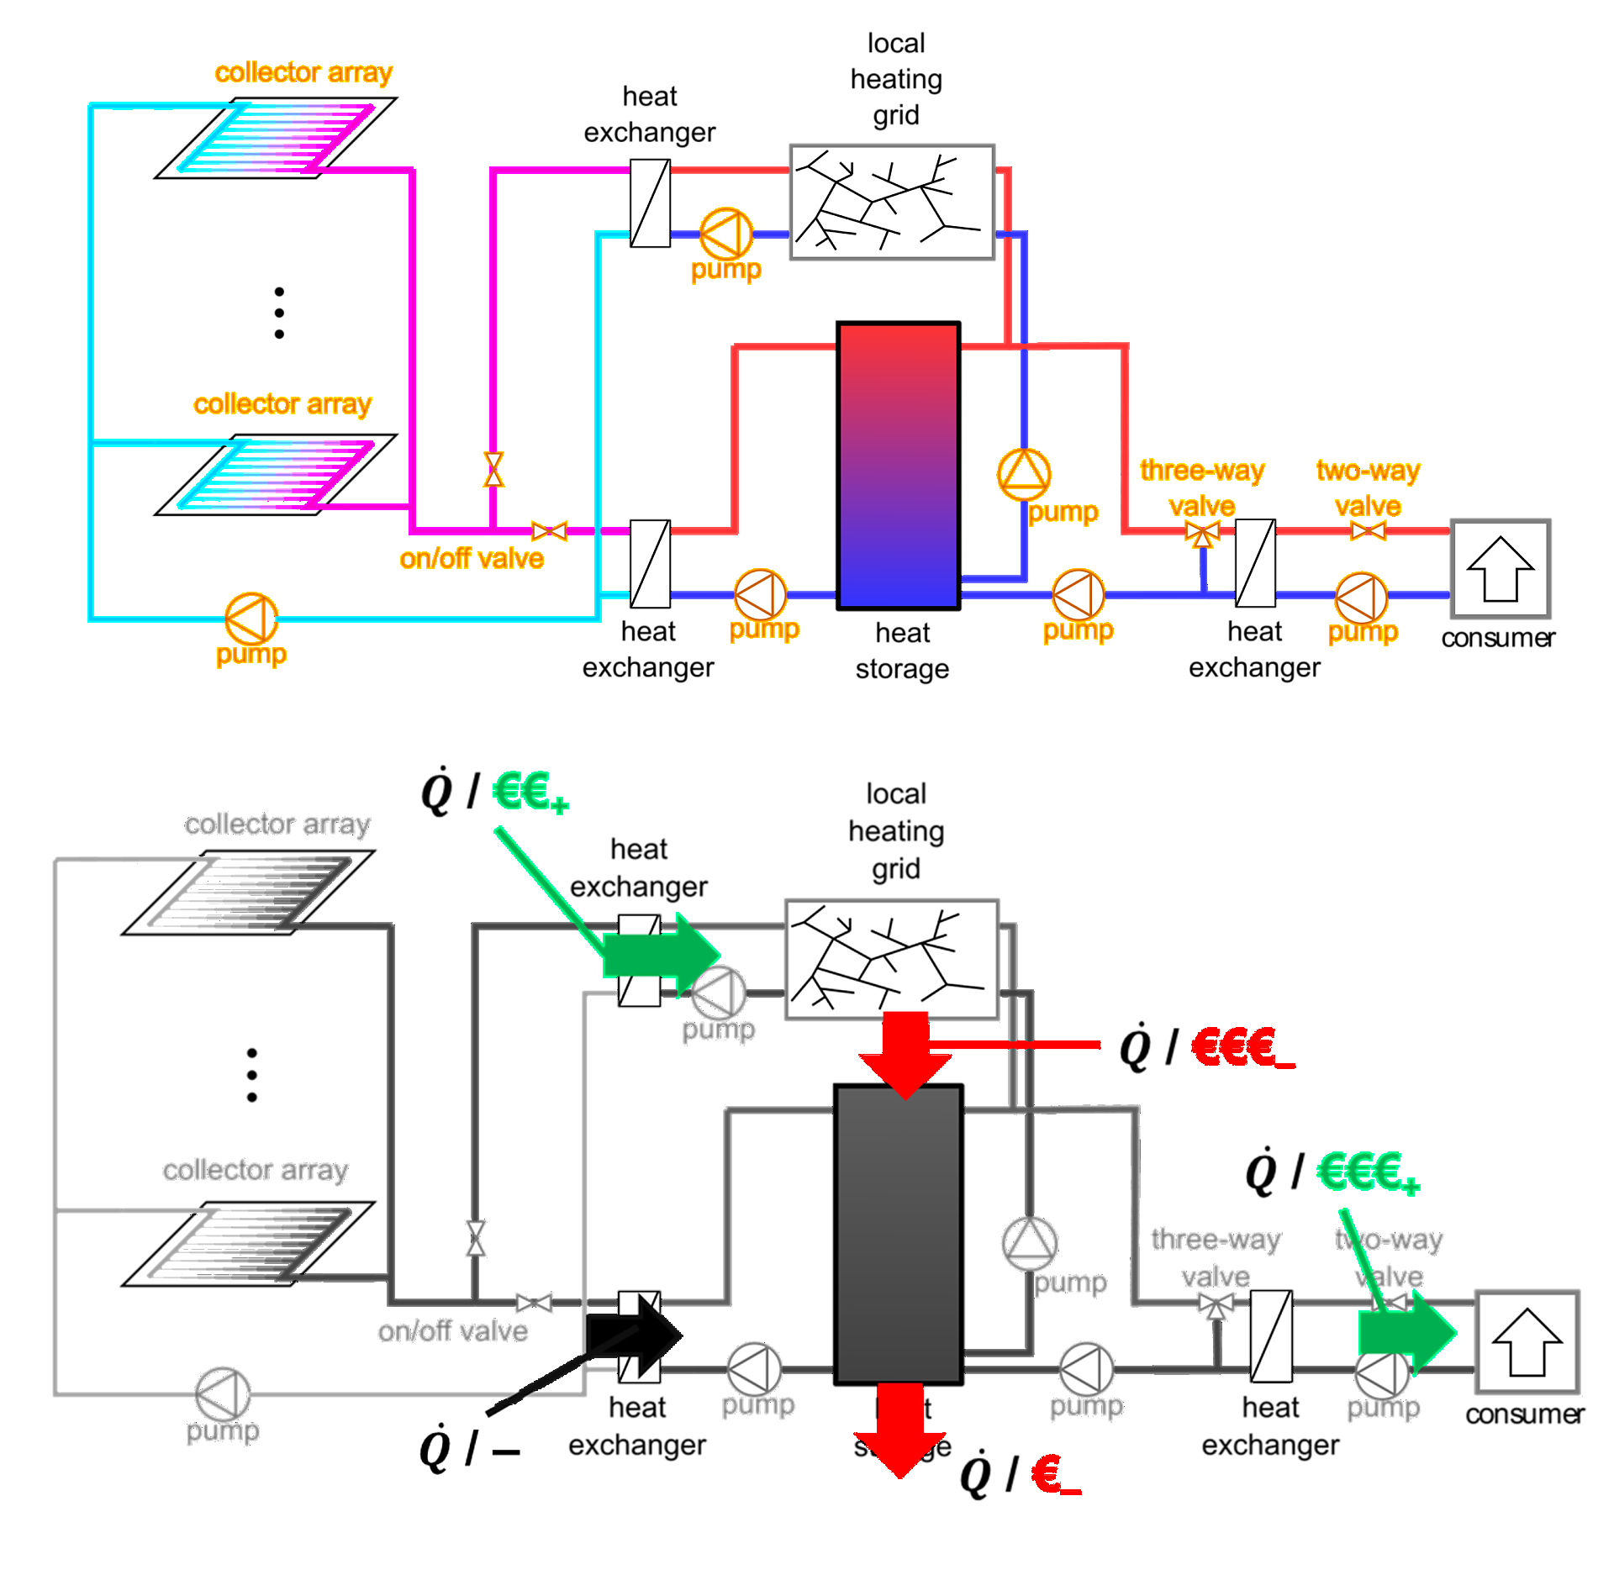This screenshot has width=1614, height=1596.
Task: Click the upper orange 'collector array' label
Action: click(303, 73)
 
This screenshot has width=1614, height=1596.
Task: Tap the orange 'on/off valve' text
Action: click(472, 559)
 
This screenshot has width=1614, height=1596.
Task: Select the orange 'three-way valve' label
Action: click(1202, 488)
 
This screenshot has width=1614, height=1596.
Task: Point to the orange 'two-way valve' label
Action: click(1368, 488)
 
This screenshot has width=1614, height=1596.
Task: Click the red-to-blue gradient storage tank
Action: click(898, 466)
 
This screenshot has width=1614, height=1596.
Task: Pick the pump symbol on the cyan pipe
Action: click(251, 619)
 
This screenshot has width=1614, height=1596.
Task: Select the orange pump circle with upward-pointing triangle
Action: click(1024, 474)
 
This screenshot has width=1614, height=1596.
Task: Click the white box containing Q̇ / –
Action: click(474, 1445)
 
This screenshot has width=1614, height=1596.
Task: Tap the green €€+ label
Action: click(530, 792)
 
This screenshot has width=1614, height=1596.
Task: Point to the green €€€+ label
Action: click(1367, 1172)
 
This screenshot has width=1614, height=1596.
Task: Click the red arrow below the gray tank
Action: click(899, 1429)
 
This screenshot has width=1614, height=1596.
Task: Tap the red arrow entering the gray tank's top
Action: click(905, 1056)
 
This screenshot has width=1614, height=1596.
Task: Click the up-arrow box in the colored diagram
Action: click(1501, 570)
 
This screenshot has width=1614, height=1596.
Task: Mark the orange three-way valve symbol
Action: click(1203, 533)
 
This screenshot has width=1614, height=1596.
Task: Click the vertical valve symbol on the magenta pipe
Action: click(493, 469)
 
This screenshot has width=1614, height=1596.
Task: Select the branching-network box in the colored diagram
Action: click(892, 202)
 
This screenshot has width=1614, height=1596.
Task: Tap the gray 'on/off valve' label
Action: click(452, 1331)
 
